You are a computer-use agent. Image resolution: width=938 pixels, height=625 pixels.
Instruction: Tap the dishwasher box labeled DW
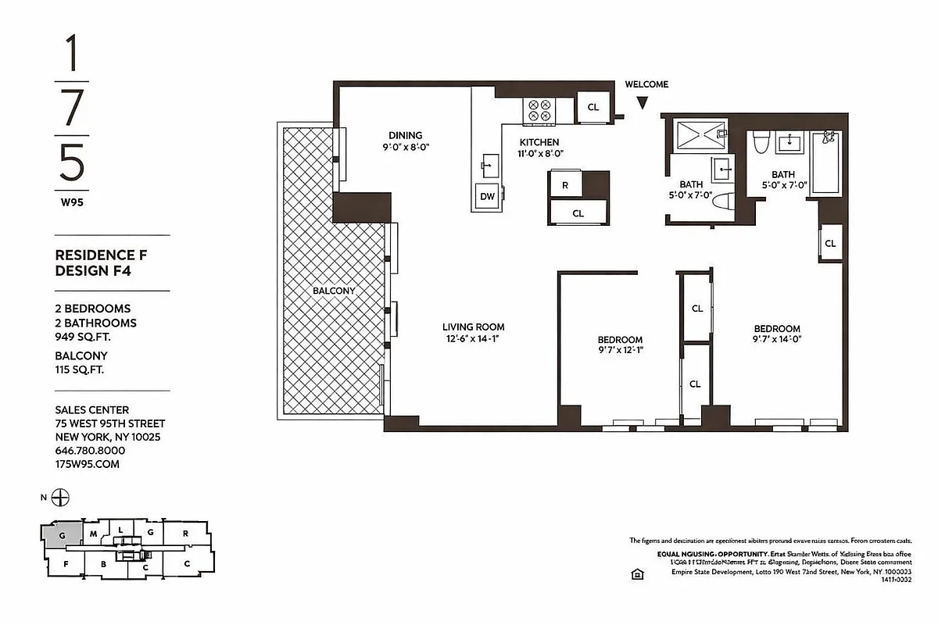tap(487, 197)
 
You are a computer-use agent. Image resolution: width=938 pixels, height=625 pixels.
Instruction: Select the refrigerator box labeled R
tap(564, 185)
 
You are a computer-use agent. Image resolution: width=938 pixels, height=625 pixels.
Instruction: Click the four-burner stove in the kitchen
tap(539, 110)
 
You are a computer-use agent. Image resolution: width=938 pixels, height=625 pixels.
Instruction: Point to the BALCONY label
tap(334, 291)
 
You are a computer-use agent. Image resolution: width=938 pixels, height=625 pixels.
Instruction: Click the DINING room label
tap(406, 135)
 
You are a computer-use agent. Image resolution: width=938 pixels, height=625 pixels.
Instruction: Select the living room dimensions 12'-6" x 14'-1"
tap(473, 339)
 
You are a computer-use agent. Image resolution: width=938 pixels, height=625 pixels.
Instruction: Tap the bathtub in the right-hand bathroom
tap(828, 165)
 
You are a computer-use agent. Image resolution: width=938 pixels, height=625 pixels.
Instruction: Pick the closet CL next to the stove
tap(593, 107)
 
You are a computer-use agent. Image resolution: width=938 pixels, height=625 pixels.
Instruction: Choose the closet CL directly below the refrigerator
tap(578, 212)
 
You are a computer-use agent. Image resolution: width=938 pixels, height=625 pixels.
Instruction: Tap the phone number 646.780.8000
tap(90, 451)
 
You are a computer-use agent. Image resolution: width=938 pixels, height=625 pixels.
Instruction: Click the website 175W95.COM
tap(88, 464)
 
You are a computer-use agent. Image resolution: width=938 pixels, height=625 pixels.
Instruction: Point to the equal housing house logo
tap(637, 574)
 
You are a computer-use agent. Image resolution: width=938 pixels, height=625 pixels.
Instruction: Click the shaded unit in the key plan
tap(60, 535)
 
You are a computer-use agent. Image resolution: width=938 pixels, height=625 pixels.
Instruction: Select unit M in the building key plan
tap(93, 534)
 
